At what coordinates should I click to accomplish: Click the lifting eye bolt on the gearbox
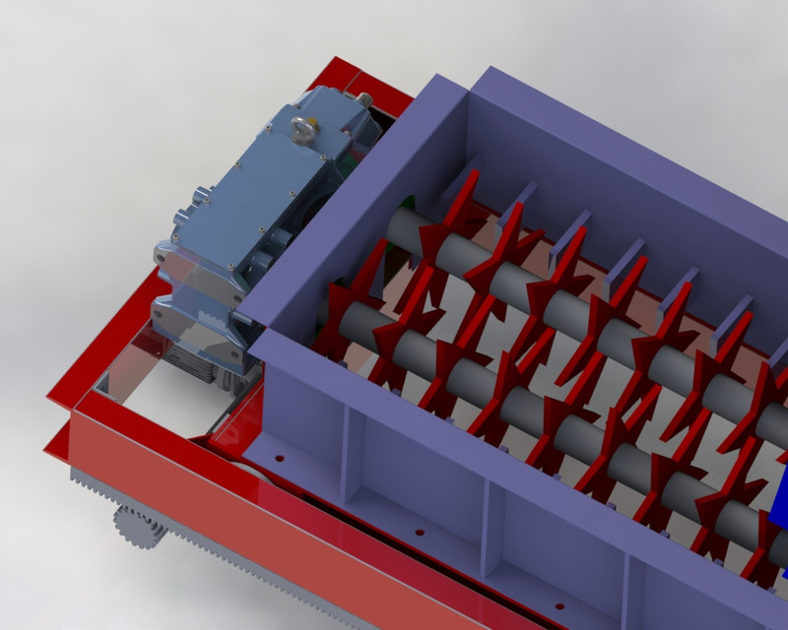[x=302, y=127]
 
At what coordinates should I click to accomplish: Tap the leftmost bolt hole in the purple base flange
[x=281, y=459]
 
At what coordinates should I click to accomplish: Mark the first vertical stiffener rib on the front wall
[x=345, y=453]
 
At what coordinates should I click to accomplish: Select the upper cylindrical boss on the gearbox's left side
[x=181, y=216]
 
